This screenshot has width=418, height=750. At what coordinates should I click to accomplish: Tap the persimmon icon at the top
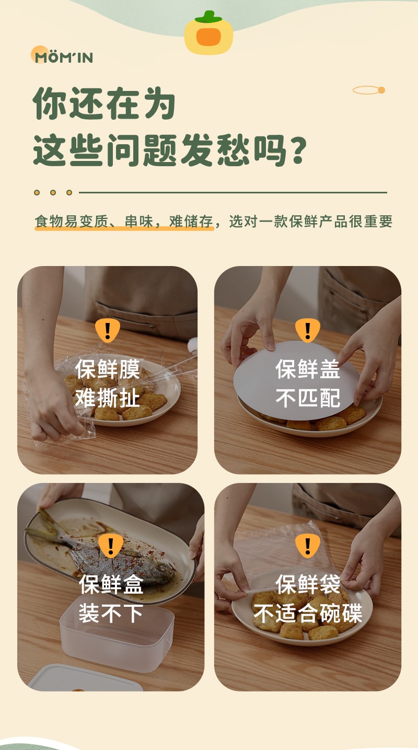tap(208, 33)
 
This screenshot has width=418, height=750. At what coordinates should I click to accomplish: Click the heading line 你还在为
tap(104, 103)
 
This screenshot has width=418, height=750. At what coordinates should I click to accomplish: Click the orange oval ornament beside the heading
tap(369, 90)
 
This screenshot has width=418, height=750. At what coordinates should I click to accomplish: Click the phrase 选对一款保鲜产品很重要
tap(310, 222)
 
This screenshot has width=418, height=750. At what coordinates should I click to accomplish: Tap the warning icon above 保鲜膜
tap(108, 330)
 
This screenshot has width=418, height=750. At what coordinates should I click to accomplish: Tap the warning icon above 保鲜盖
tap(307, 330)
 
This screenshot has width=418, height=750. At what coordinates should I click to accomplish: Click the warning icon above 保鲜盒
tap(111, 546)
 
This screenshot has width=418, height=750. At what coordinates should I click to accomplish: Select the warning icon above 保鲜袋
tap(307, 546)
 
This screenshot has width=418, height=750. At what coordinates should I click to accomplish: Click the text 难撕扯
tap(108, 398)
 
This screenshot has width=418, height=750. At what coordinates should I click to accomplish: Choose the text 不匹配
tap(307, 398)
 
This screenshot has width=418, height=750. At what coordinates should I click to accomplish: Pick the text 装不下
tap(111, 613)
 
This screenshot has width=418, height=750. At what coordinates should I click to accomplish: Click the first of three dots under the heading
tap(37, 192)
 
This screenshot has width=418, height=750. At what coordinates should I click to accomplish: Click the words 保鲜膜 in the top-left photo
tap(108, 369)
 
